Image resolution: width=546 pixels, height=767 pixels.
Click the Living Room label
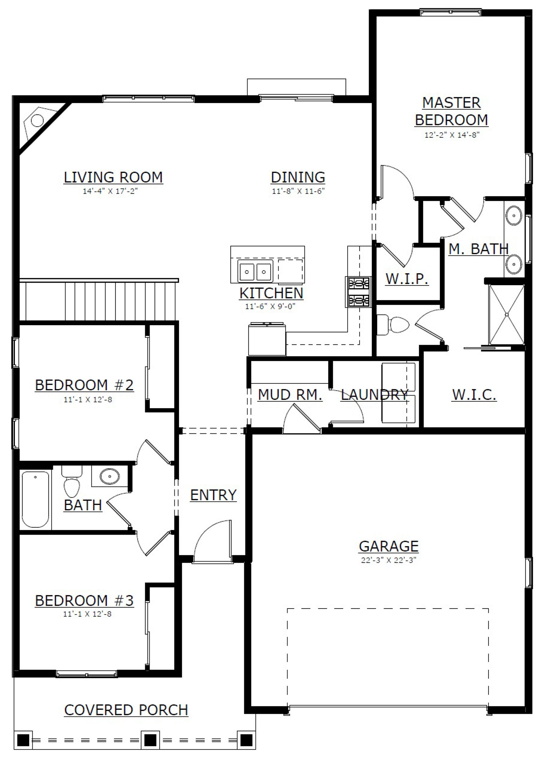pyautogui.click(x=113, y=177)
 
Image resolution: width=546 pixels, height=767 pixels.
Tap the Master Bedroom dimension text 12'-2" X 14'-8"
pyautogui.click(x=452, y=135)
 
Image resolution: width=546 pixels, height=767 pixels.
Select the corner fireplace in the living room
pyautogui.click(x=40, y=123)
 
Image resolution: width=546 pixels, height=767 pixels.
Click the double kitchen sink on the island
pyautogui.click(x=255, y=271)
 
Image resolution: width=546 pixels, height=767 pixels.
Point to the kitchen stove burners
pyautogui.click(x=359, y=292)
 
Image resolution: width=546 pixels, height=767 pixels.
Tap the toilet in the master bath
pyautogui.click(x=393, y=324)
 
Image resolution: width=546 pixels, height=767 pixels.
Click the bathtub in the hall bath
pyautogui.click(x=35, y=499)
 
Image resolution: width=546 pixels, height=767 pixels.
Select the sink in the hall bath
pyautogui.click(x=109, y=476)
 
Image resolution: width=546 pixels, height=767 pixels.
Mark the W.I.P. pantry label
pyautogui.click(x=407, y=279)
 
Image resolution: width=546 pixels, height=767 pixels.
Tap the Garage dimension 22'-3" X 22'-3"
pyautogui.click(x=388, y=560)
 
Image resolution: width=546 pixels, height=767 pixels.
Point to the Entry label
pyautogui.click(x=213, y=495)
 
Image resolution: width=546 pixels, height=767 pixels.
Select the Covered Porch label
pyautogui.click(x=126, y=710)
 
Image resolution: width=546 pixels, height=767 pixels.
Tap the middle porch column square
pyautogui.click(x=150, y=740)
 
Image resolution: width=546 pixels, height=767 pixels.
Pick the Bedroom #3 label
pyautogui.click(x=84, y=600)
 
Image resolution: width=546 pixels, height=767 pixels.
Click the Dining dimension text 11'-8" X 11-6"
pyautogui.click(x=298, y=191)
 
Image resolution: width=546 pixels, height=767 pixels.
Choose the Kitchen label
pyautogui.click(x=271, y=293)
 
